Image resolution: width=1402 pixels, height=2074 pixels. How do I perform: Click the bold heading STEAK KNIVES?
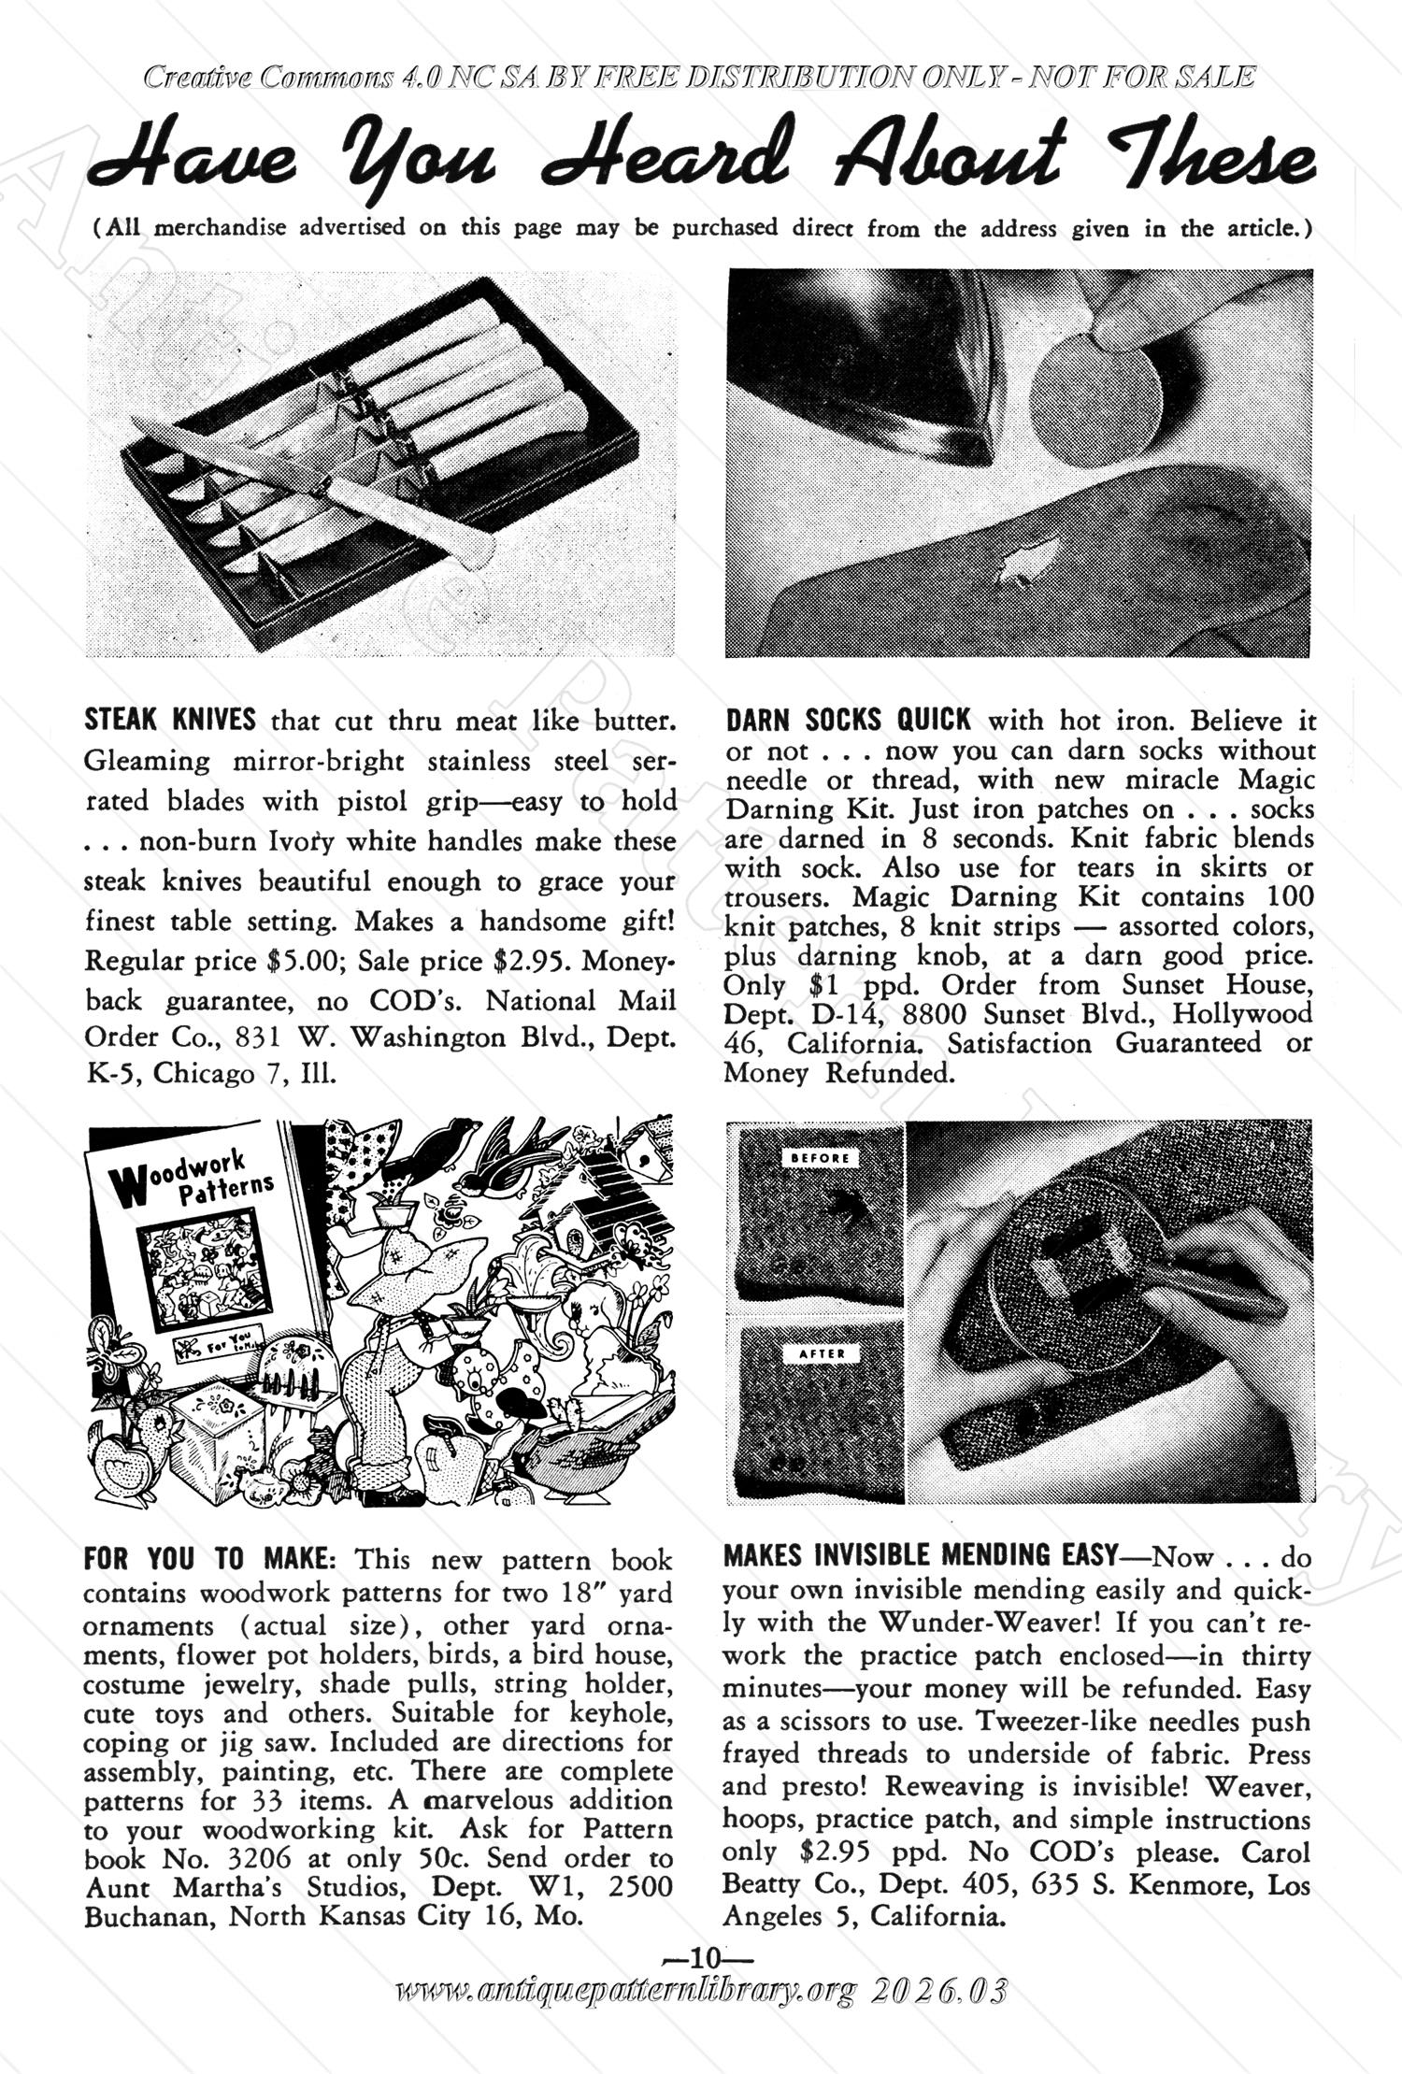pyautogui.click(x=169, y=720)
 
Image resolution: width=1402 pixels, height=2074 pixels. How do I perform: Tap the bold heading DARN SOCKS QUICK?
pyautogui.click(x=848, y=720)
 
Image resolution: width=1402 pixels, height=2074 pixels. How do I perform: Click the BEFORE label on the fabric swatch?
pyautogui.click(x=820, y=1158)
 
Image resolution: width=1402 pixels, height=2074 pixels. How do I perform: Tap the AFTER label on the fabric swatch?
pyautogui.click(x=822, y=1352)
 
